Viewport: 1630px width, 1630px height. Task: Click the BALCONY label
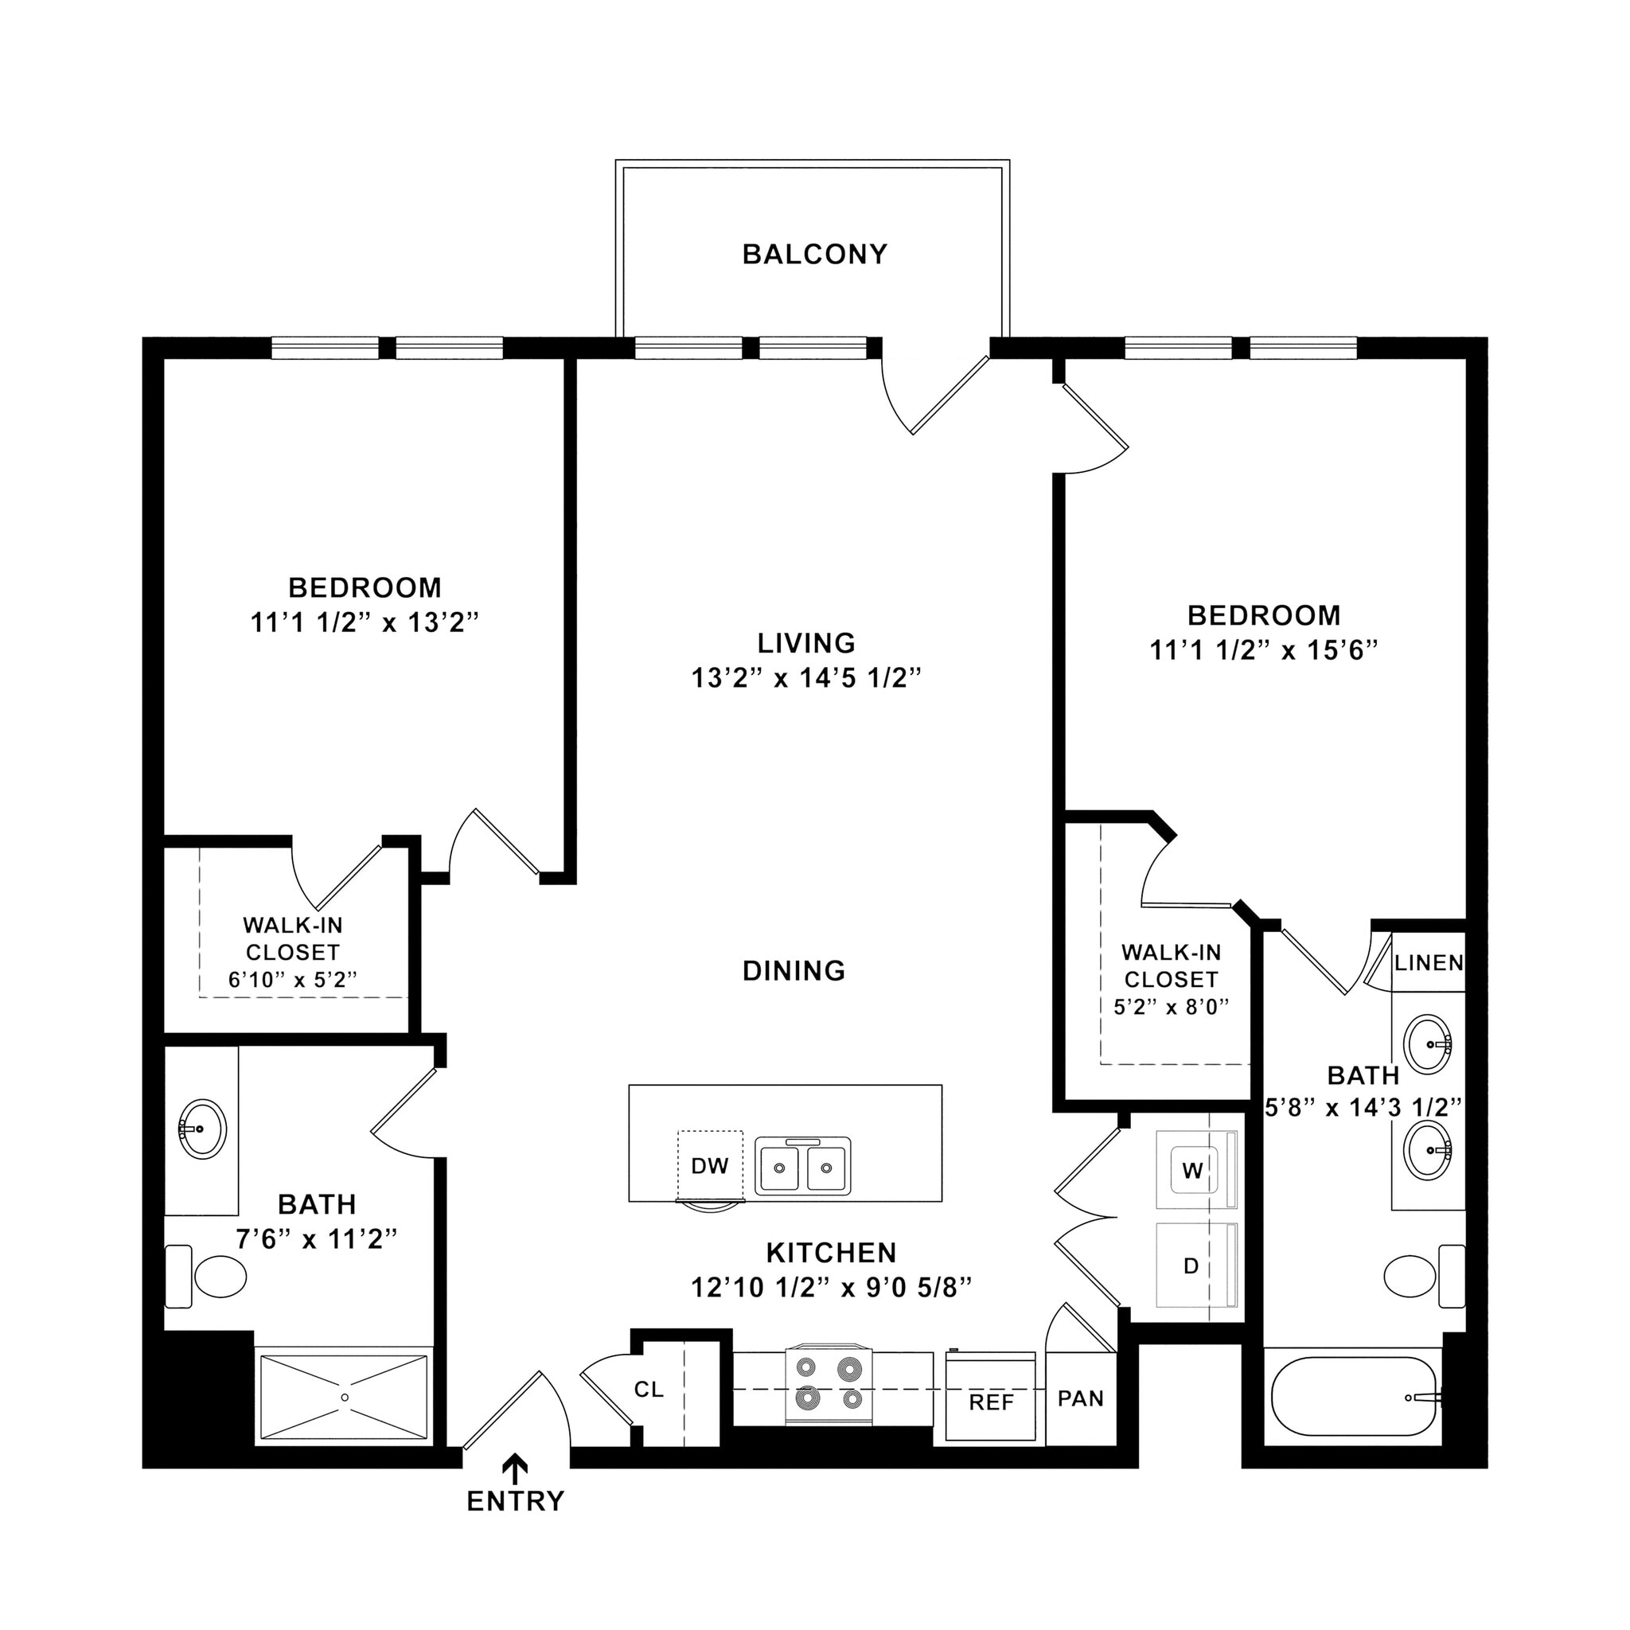tap(814, 254)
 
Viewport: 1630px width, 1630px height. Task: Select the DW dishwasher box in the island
tap(709, 1165)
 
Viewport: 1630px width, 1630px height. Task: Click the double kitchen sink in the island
tap(801, 1167)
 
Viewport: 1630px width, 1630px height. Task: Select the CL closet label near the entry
tap(649, 1389)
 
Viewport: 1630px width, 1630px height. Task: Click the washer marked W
tap(1191, 1170)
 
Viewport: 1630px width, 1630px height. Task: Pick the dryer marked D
tap(1191, 1265)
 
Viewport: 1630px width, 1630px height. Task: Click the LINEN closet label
tap(1429, 963)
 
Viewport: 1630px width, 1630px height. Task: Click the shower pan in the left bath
tap(344, 1397)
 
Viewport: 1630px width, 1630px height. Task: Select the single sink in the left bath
tap(202, 1128)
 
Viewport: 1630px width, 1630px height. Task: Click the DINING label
tap(793, 971)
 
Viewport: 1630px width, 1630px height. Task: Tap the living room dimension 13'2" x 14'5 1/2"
tap(805, 677)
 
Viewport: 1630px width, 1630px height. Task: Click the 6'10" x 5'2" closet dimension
tap(293, 980)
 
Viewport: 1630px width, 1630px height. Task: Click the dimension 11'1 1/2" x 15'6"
tap(1263, 650)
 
